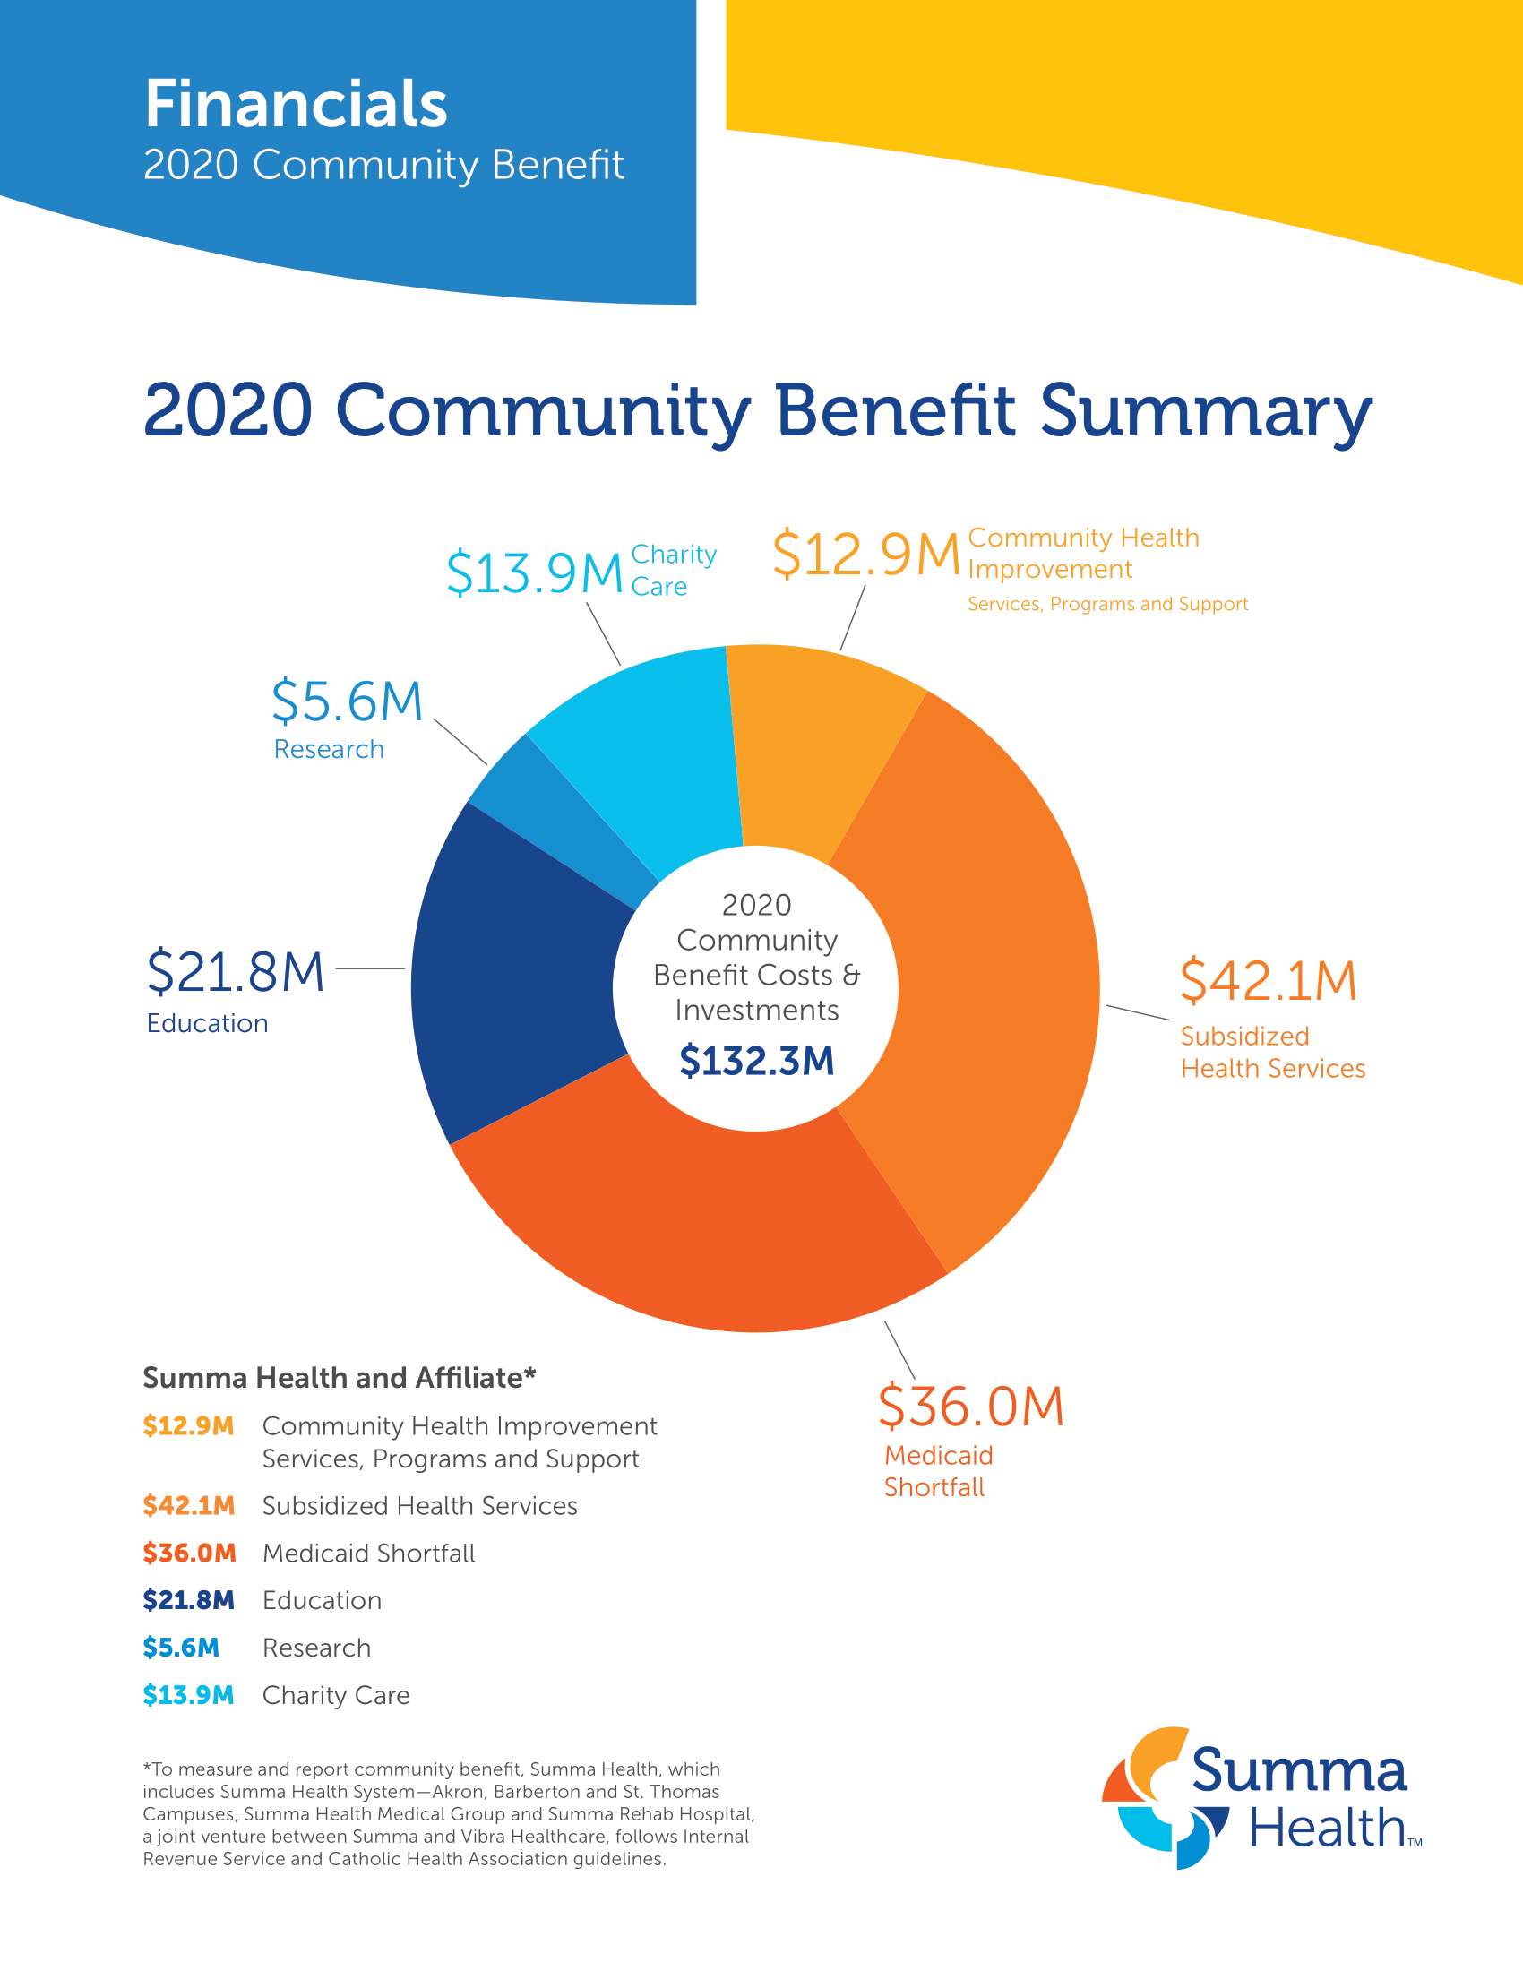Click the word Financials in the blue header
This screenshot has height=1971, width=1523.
tap(296, 104)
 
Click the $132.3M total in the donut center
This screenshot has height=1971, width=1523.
tap(756, 1061)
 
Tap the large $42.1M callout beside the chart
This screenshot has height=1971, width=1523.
tap(1268, 981)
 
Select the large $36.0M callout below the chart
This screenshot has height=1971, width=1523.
tap(971, 1406)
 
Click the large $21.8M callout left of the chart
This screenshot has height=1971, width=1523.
tap(236, 972)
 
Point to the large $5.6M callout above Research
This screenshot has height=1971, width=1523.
tap(348, 701)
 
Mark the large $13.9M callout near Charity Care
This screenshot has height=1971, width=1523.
tap(535, 573)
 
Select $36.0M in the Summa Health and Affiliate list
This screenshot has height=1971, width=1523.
tap(189, 1554)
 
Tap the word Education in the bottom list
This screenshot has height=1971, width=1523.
tap(323, 1601)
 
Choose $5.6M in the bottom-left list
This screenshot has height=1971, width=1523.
tap(181, 1648)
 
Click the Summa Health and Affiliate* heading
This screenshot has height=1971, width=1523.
tap(340, 1378)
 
